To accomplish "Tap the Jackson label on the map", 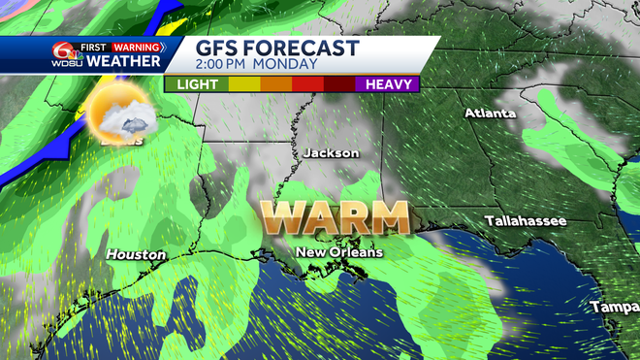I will pyautogui.click(x=331, y=153).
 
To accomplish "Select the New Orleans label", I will pyautogui.click(x=339, y=252).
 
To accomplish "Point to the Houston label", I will pyautogui.click(x=136, y=254).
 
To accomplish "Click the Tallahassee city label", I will pyautogui.click(x=526, y=220).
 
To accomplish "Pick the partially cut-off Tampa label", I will pyautogui.click(x=614, y=308).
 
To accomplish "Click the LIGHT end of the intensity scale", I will pyautogui.click(x=198, y=84).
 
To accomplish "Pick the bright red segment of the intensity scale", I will pyautogui.click(x=307, y=84).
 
